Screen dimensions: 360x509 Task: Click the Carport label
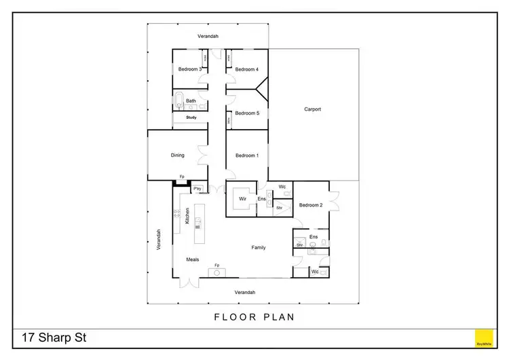pyautogui.click(x=312, y=109)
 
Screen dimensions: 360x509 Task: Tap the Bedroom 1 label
pyautogui.click(x=246, y=156)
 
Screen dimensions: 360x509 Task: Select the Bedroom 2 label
pyautogui.click(x=310, y=204)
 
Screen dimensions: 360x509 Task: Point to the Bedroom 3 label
pyautogui.click(x=189, y=69)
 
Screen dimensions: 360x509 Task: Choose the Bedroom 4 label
pyautogui.click(x=246, y=69)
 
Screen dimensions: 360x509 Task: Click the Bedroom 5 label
pyautogui.click(x=246, y=113)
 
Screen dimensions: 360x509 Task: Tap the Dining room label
pyautogui.click(x=177, y=156)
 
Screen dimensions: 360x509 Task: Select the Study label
pyautogui.click(x=191, y=118)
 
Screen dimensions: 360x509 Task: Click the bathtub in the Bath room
pyautogui.click(x=179, y=103)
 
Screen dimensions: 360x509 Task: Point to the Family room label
pyautogui.click(x=259, y=247)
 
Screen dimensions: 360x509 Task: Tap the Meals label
pyautogui.click(x=193, y=259)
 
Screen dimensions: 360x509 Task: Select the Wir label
pyautogui.click(x=242, y=199)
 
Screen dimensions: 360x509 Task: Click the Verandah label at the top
pyautogui.click(x=208, y=36)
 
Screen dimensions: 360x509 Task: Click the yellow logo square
pyautogui.click(x=484, y=338)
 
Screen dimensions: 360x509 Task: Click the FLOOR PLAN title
pyautogui.click(x=254, y=317)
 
